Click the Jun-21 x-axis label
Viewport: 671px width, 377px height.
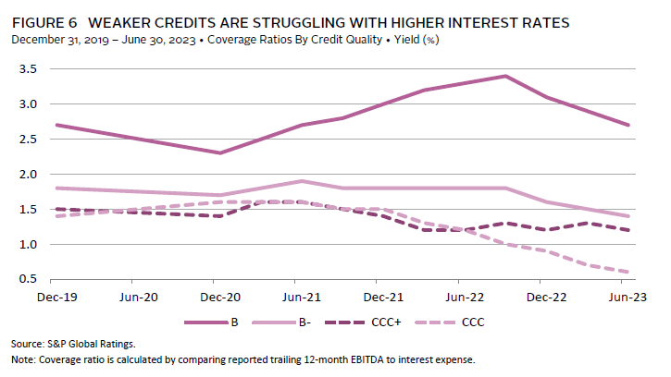point(296,298)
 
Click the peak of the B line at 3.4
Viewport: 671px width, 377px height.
point(505,76)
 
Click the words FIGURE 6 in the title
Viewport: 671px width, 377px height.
point(39,21)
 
